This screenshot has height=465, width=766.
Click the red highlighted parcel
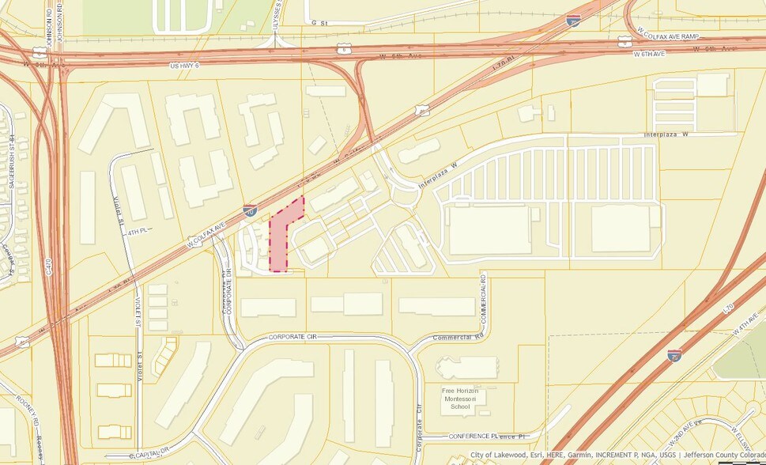point(282,237)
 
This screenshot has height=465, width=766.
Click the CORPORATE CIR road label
point(292,337)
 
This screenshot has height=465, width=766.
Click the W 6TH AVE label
point(652,54)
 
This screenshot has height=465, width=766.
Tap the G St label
point(319,24)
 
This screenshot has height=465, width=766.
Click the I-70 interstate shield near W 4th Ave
point(674,355)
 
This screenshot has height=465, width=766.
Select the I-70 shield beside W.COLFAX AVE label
point(250,211)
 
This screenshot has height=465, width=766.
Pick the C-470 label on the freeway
point(50,265)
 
